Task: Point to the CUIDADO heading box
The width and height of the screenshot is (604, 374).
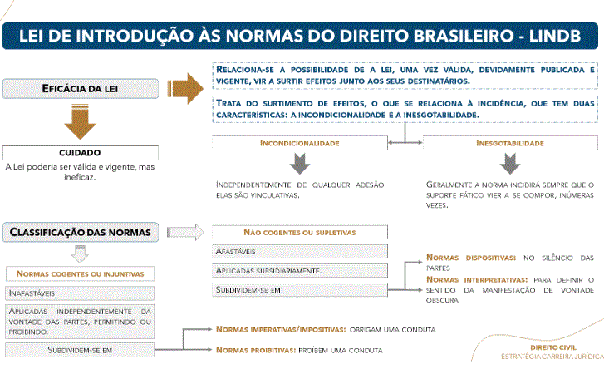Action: click(x=81, y=153)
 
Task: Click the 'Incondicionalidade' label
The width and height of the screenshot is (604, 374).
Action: click(x=300, y=143)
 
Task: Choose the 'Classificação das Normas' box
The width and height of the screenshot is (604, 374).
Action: click(x=81, y=232)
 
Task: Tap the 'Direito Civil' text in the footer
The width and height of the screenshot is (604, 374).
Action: click(x=552, y=347)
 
